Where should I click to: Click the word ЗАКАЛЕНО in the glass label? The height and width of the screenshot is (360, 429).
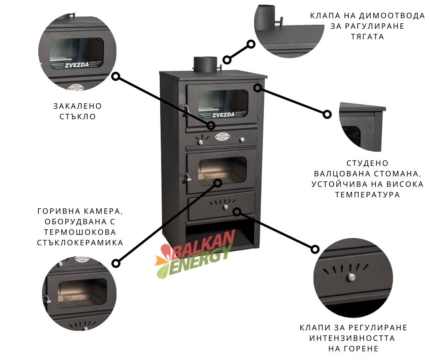78,106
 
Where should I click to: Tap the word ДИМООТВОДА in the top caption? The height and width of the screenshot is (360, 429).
391,16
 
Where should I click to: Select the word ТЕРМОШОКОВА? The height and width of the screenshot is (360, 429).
80,232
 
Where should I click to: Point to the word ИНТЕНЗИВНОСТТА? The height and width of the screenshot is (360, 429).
352,338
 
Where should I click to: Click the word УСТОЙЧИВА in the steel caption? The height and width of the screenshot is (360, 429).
342,184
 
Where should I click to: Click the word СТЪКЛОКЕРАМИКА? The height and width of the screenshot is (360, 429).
80,243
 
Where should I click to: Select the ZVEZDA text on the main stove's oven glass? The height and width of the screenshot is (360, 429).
223,115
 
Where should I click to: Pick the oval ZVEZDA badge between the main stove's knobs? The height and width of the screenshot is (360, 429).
222,136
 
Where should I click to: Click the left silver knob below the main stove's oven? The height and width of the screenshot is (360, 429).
200,142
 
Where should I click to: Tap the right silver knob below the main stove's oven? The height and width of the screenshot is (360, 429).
242,140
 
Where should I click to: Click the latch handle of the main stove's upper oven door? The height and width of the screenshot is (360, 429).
184,108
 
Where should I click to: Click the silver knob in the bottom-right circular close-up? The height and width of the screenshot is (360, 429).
351,277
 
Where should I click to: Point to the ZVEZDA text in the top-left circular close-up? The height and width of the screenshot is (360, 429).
77,65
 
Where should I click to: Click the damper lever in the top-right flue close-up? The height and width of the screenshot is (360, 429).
280,22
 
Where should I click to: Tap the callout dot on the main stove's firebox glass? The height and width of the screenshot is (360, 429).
218,183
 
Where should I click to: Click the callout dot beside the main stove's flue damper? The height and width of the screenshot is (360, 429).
227,60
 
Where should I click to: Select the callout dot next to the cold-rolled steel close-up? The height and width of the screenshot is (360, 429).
327,114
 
